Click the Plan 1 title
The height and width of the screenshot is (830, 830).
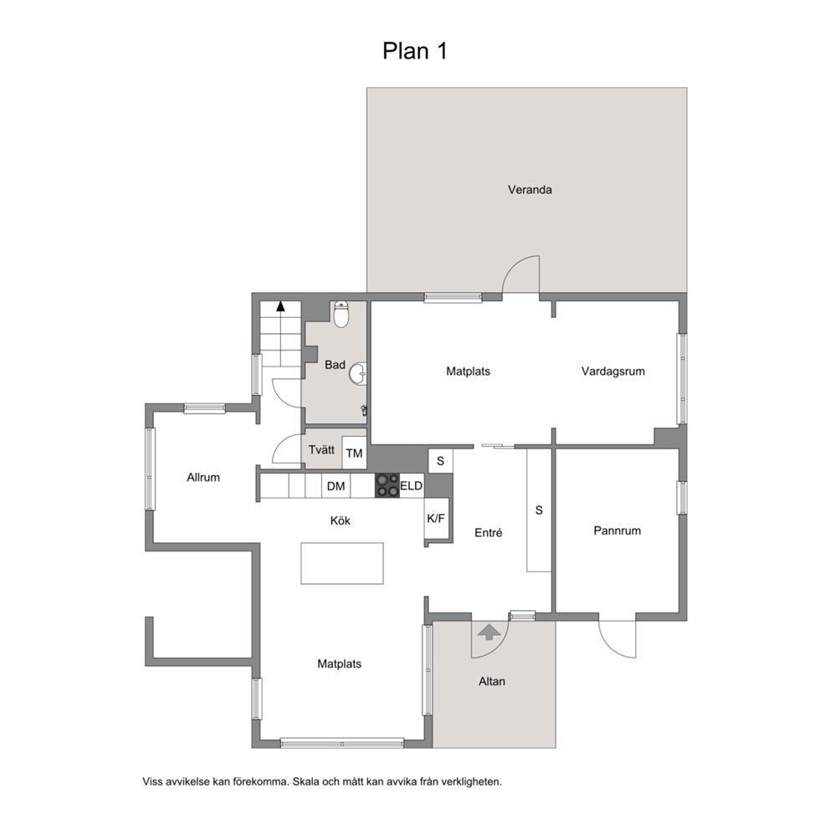click(415, 51)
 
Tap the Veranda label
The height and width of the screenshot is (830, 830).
click(530, 189)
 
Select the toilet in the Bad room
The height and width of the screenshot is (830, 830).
click(341, 315)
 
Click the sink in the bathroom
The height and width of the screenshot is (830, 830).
click(358, 373)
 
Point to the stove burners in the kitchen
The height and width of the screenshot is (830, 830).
click(387, 485)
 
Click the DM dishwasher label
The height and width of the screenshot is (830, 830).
click(336, 486)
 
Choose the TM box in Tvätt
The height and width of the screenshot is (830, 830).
click(354, 453)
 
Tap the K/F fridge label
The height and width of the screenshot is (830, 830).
click(436, 518)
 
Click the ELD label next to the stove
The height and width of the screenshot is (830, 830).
click(412, 485)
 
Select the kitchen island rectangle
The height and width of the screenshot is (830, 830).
click(342, 563)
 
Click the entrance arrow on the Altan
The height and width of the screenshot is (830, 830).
click(489, 632)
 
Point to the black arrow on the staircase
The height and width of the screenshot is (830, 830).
click(280, 306)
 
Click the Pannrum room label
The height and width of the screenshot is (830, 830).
click(617, 530)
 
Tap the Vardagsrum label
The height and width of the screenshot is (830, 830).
click(613, 371)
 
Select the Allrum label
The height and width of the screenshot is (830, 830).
click(203, 478)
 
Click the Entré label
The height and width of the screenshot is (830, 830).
click(488, 532)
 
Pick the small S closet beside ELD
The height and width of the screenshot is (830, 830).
click(440, 461)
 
